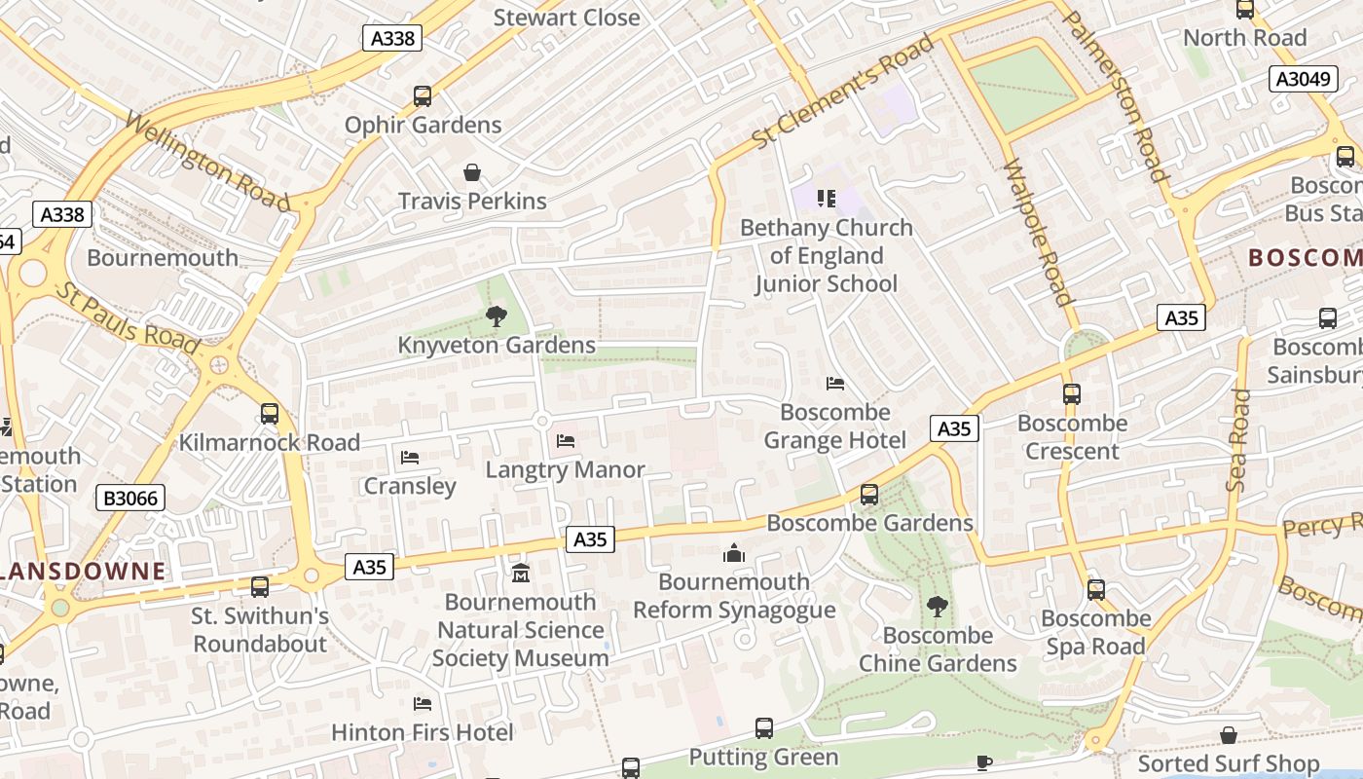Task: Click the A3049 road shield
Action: pos(1304,79)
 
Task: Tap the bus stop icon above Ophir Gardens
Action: pos(423,96)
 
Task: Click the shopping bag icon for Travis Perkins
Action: pos(472,173)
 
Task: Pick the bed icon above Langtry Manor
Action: pos(566,441)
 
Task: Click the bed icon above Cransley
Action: pos(410,457)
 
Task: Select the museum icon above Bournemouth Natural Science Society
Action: pos(521,573)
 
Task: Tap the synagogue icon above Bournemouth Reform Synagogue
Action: pos(734,554)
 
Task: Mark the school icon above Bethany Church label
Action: pos(827,200)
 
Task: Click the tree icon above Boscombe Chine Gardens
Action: pos(938,607)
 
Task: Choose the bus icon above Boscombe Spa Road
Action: pos(1096,590)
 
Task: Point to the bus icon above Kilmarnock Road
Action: pos(270,414)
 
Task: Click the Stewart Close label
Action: pos(567,18)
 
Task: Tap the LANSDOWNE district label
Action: pos(83,572)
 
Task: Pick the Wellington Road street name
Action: pos(207,163)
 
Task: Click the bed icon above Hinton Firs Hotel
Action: pos(423,703)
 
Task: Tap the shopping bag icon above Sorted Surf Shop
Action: pos(1229,735)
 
